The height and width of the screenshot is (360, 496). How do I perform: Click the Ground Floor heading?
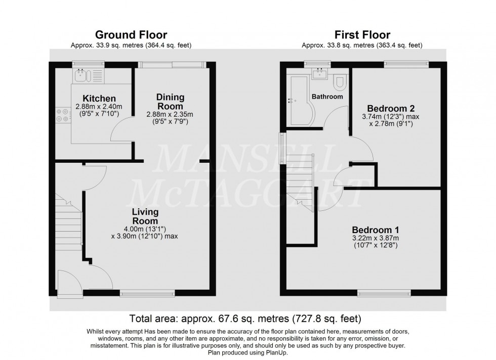point(131,35)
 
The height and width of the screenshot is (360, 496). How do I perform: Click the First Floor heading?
point(362,35)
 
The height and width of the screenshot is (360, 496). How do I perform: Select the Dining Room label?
point(170,101)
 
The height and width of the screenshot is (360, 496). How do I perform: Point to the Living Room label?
point(145,216)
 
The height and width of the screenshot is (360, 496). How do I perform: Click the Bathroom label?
point(327,97)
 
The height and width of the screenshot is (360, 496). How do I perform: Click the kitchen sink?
point(82,76)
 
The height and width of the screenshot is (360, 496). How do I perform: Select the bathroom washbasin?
point(320,75)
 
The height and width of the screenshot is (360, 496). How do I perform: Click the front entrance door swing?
point(67,283)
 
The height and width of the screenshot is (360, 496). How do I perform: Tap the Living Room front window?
point(147,292)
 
